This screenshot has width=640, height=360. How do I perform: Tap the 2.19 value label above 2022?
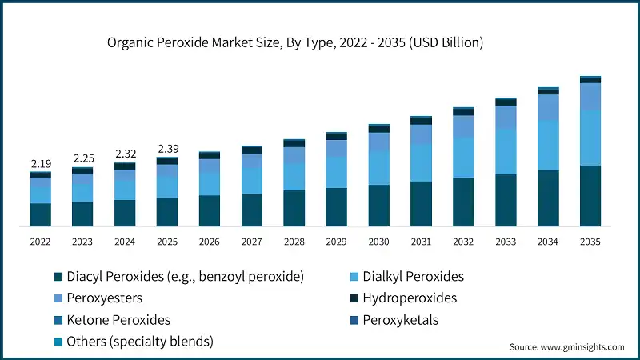click(x=41, y=164)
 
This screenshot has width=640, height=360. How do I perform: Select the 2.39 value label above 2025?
click(x=167, y=149)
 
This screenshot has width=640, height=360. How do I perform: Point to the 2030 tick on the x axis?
click(x=378, y=241)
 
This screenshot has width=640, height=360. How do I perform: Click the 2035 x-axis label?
click(x=590, y=241)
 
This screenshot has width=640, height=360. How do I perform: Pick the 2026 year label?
click(x=210, y=241)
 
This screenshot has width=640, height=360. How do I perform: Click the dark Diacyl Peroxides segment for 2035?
click(x=590, y=196)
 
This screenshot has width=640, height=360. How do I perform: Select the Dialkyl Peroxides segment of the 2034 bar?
click(x=548, y=145)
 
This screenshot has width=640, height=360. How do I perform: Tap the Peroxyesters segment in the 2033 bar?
click(x=506, y=118)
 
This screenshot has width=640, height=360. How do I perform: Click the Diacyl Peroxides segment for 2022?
click(x=41, y=214)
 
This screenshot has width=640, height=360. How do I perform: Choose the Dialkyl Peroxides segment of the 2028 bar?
click(x=294, y=176)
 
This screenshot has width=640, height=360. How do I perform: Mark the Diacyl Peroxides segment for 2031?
click(x=421, y=203)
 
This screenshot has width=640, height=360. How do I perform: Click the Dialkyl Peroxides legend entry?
click(x=413, y=277)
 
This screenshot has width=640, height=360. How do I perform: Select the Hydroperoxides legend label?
click(x=410, y=298)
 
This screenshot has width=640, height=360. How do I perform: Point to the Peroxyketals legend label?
click(x=399, y=320)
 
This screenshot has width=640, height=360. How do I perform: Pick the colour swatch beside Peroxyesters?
click(x=58, y=298)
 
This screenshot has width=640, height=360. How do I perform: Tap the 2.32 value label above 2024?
click(x=125, y=154)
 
